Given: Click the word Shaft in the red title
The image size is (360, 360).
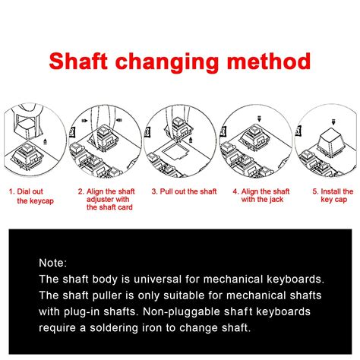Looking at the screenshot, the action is click(x=79, y=61).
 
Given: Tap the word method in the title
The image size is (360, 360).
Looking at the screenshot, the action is click(x=269, y=61).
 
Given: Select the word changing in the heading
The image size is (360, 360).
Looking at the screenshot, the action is click(x=167, y=63).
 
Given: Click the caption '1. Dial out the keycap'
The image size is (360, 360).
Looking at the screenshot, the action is click(x=31, y=196).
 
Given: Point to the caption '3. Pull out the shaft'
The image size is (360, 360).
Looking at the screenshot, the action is click(x=184, y=191).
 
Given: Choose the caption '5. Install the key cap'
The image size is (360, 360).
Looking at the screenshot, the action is click(x=333, y=195).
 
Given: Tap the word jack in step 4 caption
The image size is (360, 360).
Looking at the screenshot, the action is click(x=276, y=200).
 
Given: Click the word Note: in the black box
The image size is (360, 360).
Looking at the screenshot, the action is click(x=53, y=263).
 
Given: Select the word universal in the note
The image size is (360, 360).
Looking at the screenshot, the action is click(x=157, y=279).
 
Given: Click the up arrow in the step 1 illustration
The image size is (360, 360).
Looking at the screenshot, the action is click(x=45, y=141).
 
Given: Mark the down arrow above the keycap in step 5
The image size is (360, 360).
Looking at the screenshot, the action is click(x=333, y=122).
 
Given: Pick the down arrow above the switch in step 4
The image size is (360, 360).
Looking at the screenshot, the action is click(x=259, y=118).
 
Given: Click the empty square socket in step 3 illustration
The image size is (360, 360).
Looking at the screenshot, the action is click(x=175, y=150).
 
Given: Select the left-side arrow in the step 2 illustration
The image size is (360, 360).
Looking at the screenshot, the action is click(x=84, y=121).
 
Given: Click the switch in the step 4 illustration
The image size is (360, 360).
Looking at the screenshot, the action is click(x=254, y=138).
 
